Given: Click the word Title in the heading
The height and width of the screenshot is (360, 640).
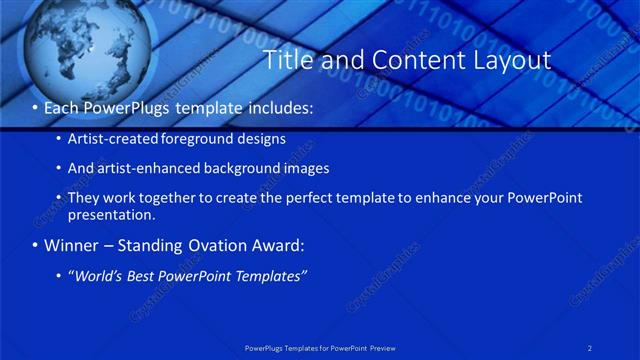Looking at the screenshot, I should (287, 61).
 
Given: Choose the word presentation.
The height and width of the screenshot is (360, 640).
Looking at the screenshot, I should (111, 215).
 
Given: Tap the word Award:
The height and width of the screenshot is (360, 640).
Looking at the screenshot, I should (281, 245).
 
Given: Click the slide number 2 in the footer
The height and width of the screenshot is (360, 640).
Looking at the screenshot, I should (591, 347).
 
